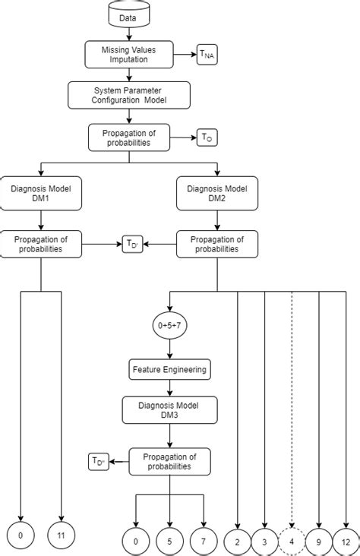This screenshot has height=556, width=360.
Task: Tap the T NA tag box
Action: point(207,55)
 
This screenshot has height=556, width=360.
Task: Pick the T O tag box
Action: point(207,137)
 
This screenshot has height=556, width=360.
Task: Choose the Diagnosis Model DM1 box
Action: point(40,193)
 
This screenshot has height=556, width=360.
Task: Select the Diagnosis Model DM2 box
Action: point(217,193)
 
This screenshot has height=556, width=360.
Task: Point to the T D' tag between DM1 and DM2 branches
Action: point(132,244)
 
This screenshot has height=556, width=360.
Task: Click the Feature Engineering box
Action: point(169,370)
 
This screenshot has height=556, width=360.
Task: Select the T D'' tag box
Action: point(99,460)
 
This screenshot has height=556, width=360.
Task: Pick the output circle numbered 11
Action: point(61,536)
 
